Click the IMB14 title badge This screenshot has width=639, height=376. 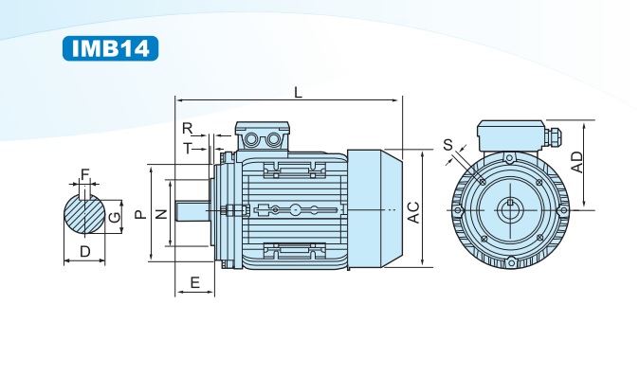(x=110, y=48)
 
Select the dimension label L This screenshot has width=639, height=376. (x=299, y=93)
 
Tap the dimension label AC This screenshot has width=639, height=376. (x=414, y=212)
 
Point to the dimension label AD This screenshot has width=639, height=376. (x=577, y=162)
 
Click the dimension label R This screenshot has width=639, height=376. (x=187, y=129)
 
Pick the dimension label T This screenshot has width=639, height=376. (x=187, y=149)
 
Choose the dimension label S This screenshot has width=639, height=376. (x=447, y=145)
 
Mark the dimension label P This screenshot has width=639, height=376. (x=140, y=214)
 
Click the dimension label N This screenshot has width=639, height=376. (x=162, y=214)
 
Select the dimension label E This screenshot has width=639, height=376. (x=195, y=282)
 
